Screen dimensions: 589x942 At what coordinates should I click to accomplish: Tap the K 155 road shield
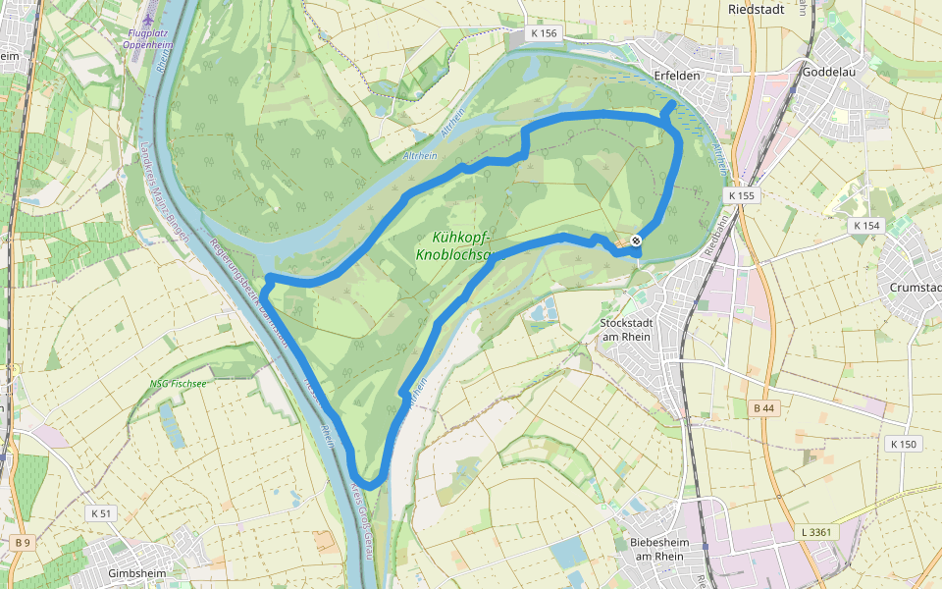[x=742, y=196]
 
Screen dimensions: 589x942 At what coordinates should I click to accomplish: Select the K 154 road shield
[x=866, y=226]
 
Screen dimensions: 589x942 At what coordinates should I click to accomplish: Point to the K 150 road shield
[x=903, y=444]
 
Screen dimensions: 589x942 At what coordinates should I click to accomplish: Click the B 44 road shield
[x=764, y=407]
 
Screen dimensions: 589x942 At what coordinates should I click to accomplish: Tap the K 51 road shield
[x=101, y=512]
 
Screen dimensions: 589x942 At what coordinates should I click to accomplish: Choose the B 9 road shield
[x=22, y=542]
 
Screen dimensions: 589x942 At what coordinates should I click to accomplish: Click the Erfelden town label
[x=674, y=74]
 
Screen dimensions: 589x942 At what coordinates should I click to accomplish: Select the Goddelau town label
[x=830, y=73]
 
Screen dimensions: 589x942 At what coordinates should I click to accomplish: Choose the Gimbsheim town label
[x=136, y=573]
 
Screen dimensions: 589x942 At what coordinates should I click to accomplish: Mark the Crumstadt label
[x=915, y=288]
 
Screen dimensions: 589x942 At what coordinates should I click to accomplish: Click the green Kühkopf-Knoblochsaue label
[x=460, y=245]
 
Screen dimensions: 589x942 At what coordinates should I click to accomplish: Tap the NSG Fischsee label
[x=178, y=383]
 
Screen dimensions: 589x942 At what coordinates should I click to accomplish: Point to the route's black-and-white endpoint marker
[x=636, y=241]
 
